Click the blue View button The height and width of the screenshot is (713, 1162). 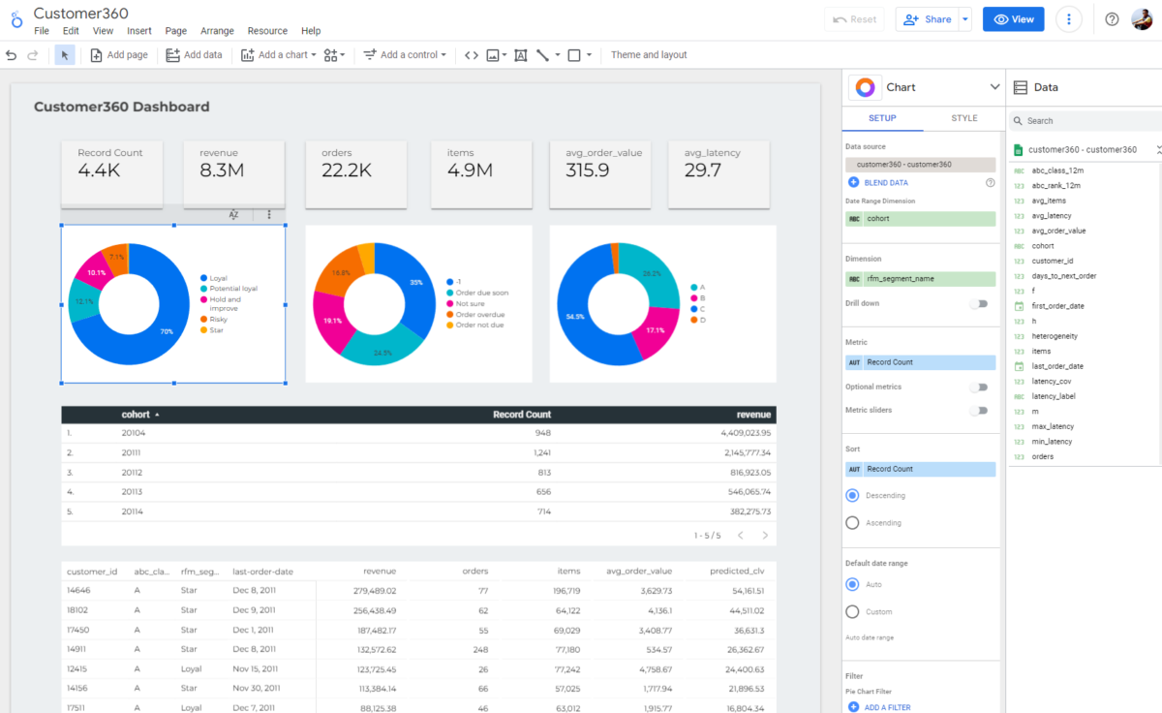(x=1013, y=19)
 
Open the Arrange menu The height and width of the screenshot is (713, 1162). (x=217, y=31)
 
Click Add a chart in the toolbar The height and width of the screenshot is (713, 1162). (x=279, y=55)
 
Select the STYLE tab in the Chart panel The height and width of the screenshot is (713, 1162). (x=963, y=118)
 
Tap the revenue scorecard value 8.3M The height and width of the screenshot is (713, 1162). (x=221, y=171)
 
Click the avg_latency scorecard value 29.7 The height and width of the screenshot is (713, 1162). (x=702, y=171)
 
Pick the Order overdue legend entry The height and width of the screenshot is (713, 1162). (x=479, y=315)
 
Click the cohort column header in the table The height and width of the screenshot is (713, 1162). (x=136, y=415)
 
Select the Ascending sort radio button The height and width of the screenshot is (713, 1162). (x=853, y=523)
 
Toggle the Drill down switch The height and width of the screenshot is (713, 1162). (x=981, y=303)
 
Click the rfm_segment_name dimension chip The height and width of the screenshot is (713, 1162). (x=920, y=279)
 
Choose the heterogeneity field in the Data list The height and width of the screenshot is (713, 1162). (x=1055, y=336)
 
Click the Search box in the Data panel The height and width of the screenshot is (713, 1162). (x=1085, y=121)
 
